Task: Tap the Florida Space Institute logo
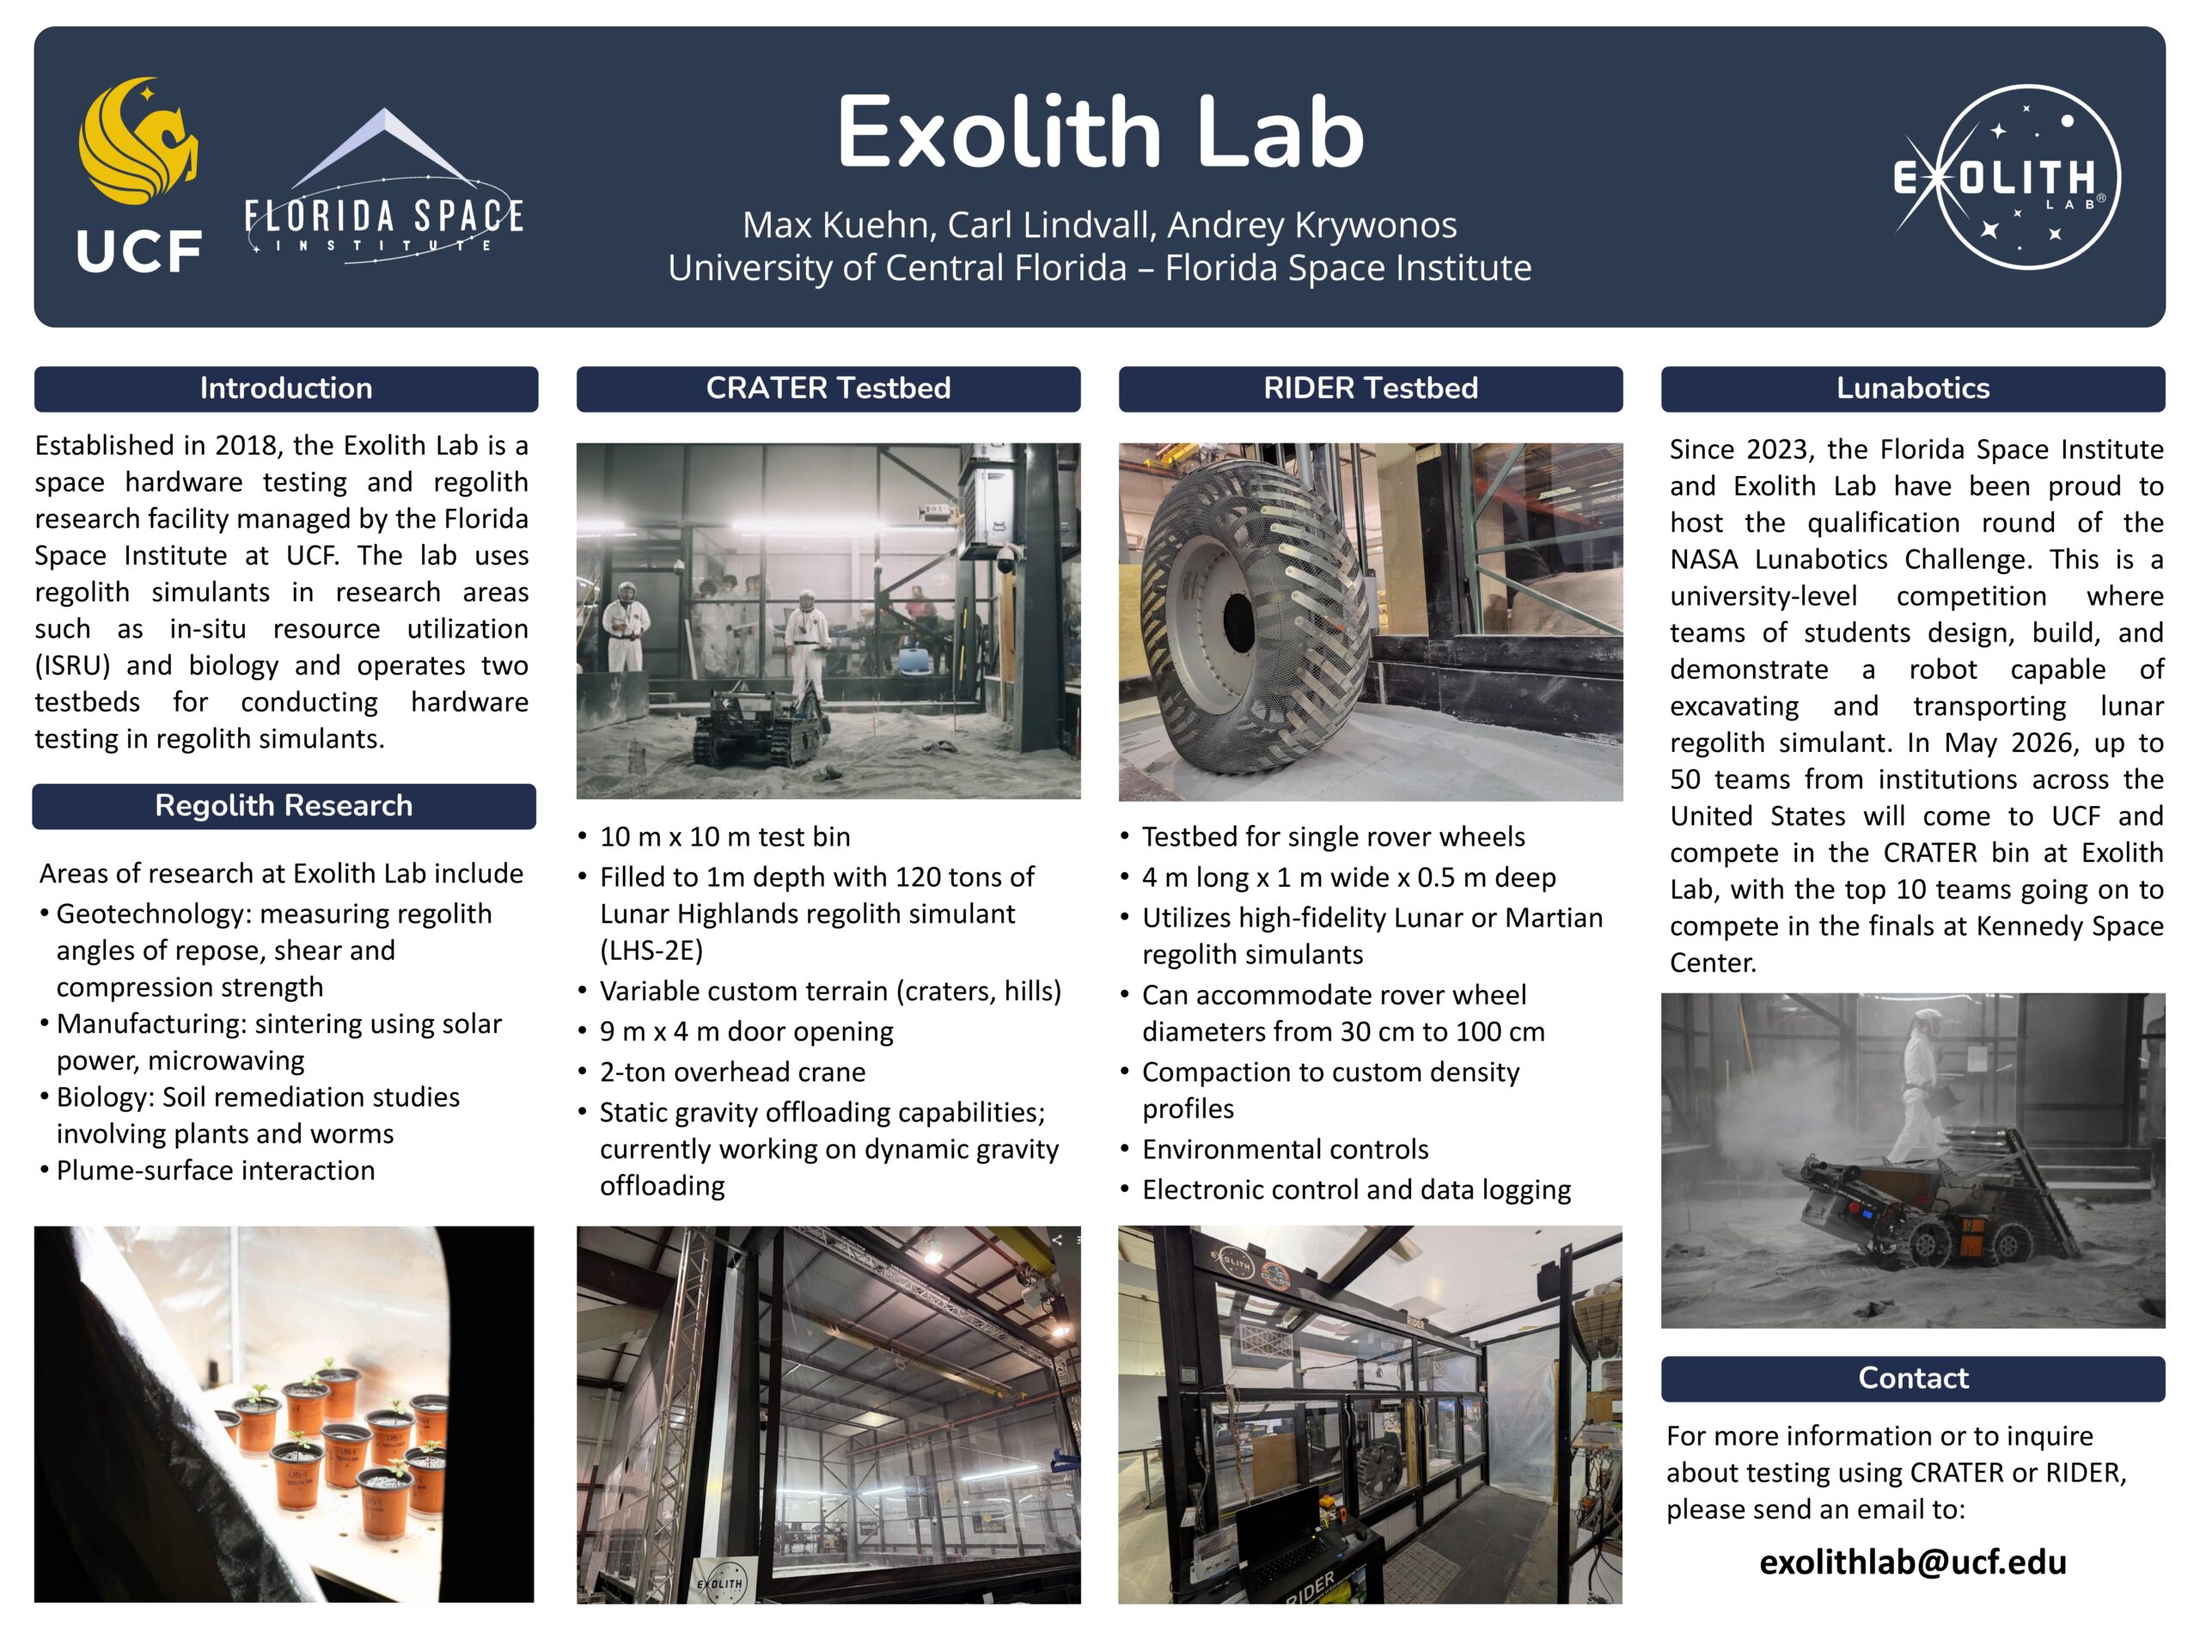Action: (384, 186)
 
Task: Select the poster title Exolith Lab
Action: (1100, 131)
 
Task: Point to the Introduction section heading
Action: (286, 388)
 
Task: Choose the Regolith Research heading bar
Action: (284, 805)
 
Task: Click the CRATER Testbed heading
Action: (828, 388)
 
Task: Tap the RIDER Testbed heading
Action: (1371, 388)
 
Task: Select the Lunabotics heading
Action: (1913, 388)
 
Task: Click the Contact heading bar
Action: (1913, 1378)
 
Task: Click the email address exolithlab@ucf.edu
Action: (1913, 1561)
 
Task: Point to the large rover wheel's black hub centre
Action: (1239, 624)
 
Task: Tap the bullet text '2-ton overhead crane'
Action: (732, 1072)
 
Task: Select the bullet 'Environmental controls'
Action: (1285, 1150)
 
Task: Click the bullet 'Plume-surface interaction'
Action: (216, 1170)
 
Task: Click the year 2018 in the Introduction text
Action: (245, 445)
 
